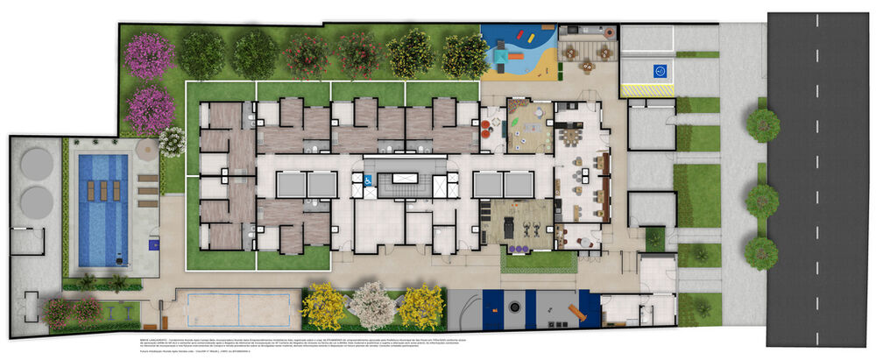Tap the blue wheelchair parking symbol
660,71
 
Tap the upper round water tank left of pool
37,164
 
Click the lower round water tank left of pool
37,202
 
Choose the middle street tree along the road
762,201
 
